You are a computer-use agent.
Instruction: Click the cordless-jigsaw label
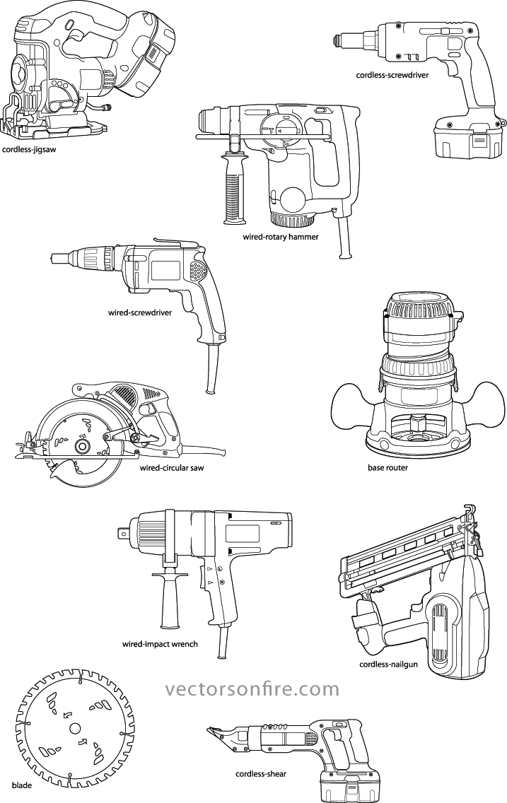[29, 150]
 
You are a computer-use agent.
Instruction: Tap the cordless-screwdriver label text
[392, 75]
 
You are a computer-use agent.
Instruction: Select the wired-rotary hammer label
[281, 237]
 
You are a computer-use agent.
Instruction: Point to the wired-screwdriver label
[140, 312]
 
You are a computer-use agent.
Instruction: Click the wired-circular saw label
[172, 467]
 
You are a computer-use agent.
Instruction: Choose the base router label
[387, 467]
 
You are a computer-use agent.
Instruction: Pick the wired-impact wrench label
[160, 644]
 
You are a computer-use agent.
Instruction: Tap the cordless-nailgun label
[388, 664]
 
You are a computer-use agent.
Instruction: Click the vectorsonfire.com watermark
[252, 688]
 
